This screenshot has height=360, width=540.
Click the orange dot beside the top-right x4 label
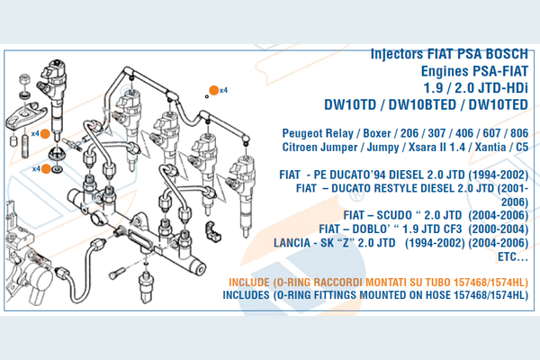point(214,89)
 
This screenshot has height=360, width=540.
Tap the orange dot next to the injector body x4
point(57,134)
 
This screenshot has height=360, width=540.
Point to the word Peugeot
point(306,133)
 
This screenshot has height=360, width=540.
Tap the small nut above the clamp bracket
point(24,89)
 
